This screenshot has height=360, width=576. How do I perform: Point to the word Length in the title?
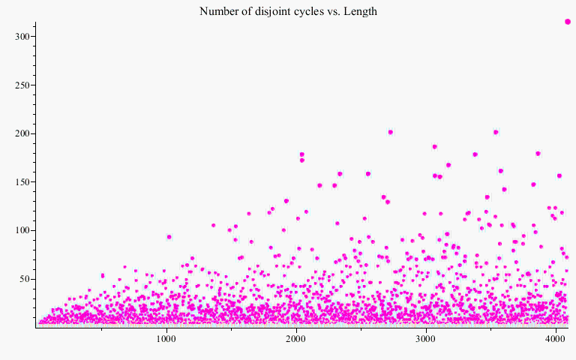[360, 11]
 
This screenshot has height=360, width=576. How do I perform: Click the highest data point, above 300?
[568, 22]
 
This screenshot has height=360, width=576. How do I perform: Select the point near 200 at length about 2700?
[390, 132]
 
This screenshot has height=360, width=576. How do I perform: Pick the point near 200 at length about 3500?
[496, 132]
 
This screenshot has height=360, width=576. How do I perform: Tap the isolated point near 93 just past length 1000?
[169, 237]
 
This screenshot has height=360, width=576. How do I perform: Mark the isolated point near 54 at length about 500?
[103, 275]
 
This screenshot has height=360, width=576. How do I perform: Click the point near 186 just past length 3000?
[434, 146]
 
